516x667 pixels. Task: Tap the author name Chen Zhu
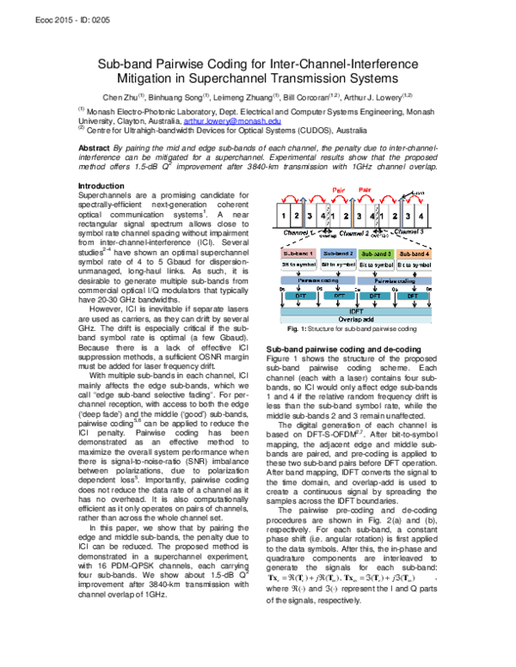point(119,96)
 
